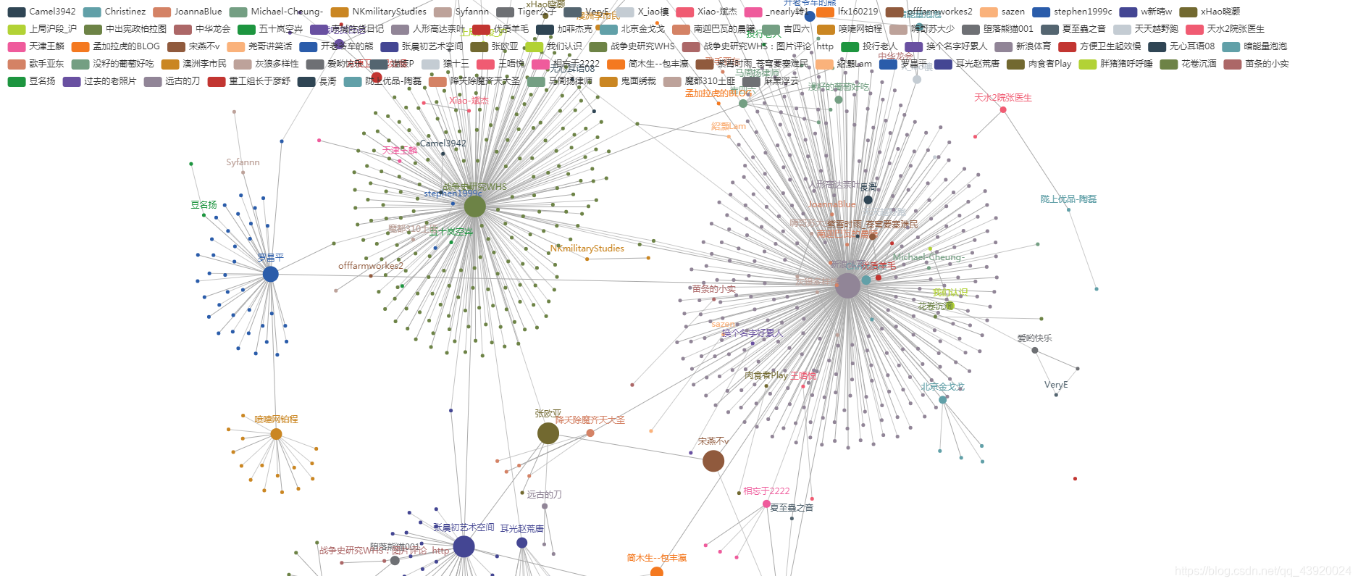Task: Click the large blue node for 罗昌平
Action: pos(270,274)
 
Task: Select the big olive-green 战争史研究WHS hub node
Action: pos(474,207)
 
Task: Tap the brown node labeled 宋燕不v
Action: pos(713,461)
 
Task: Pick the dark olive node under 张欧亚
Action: pos(548,433)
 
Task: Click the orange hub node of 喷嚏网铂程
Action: pos(276,434)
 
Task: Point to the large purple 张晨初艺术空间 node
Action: pos(464,546)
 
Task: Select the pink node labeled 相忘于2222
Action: pos(766,504)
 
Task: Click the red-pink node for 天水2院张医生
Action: pos(1003,109)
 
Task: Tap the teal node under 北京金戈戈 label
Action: pos(942,400)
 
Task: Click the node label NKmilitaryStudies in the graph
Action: pos(587,249)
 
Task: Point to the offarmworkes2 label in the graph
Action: pos(371,266)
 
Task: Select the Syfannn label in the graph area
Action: pos(243,162)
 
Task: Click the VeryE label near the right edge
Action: pos(1056,385)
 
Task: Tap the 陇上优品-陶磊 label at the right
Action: pos(1068,199)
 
